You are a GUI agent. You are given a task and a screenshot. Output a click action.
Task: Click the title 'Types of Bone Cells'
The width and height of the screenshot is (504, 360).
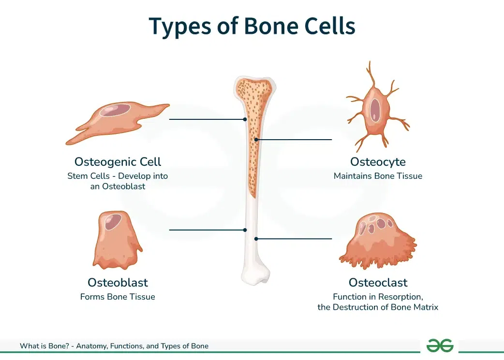(x=252, y=26)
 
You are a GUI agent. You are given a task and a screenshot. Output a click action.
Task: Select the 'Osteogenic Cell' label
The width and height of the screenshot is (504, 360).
(x=118, y=161)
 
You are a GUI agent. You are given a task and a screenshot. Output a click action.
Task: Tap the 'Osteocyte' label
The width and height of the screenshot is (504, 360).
(x=378, y=161)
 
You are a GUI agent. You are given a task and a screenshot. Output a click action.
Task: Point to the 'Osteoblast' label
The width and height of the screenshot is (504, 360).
(x=118, y=282)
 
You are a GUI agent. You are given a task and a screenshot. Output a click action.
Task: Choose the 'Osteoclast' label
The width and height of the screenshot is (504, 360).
(x=378, y=282)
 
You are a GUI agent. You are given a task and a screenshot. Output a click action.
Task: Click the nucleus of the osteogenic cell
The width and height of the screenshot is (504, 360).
(x=115, y=111)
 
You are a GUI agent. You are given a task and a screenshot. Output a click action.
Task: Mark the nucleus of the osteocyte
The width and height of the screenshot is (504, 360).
(x=375, y=110)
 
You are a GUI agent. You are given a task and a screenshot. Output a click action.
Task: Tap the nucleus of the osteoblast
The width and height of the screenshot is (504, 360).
(x=114, y=221)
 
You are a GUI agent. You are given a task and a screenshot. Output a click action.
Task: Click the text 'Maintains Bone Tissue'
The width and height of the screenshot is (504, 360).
(x=378, y=176)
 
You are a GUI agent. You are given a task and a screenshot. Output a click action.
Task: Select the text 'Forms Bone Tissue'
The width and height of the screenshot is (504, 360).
(x=118, y=297)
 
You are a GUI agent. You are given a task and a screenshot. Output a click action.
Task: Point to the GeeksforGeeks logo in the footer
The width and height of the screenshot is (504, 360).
(x=440, y=346)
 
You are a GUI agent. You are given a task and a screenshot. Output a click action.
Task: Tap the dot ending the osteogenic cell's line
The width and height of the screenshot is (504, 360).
(x=245, y=119)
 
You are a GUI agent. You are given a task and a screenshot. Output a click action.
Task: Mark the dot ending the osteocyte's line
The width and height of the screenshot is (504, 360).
(x=256, y=139)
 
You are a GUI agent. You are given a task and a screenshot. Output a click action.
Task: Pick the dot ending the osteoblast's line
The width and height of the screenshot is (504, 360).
(x=245, y=230)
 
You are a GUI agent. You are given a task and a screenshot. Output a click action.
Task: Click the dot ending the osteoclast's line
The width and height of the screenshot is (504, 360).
(x=256, y=239)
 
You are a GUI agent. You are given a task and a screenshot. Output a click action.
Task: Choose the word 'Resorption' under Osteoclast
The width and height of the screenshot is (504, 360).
(x=400, y=297)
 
